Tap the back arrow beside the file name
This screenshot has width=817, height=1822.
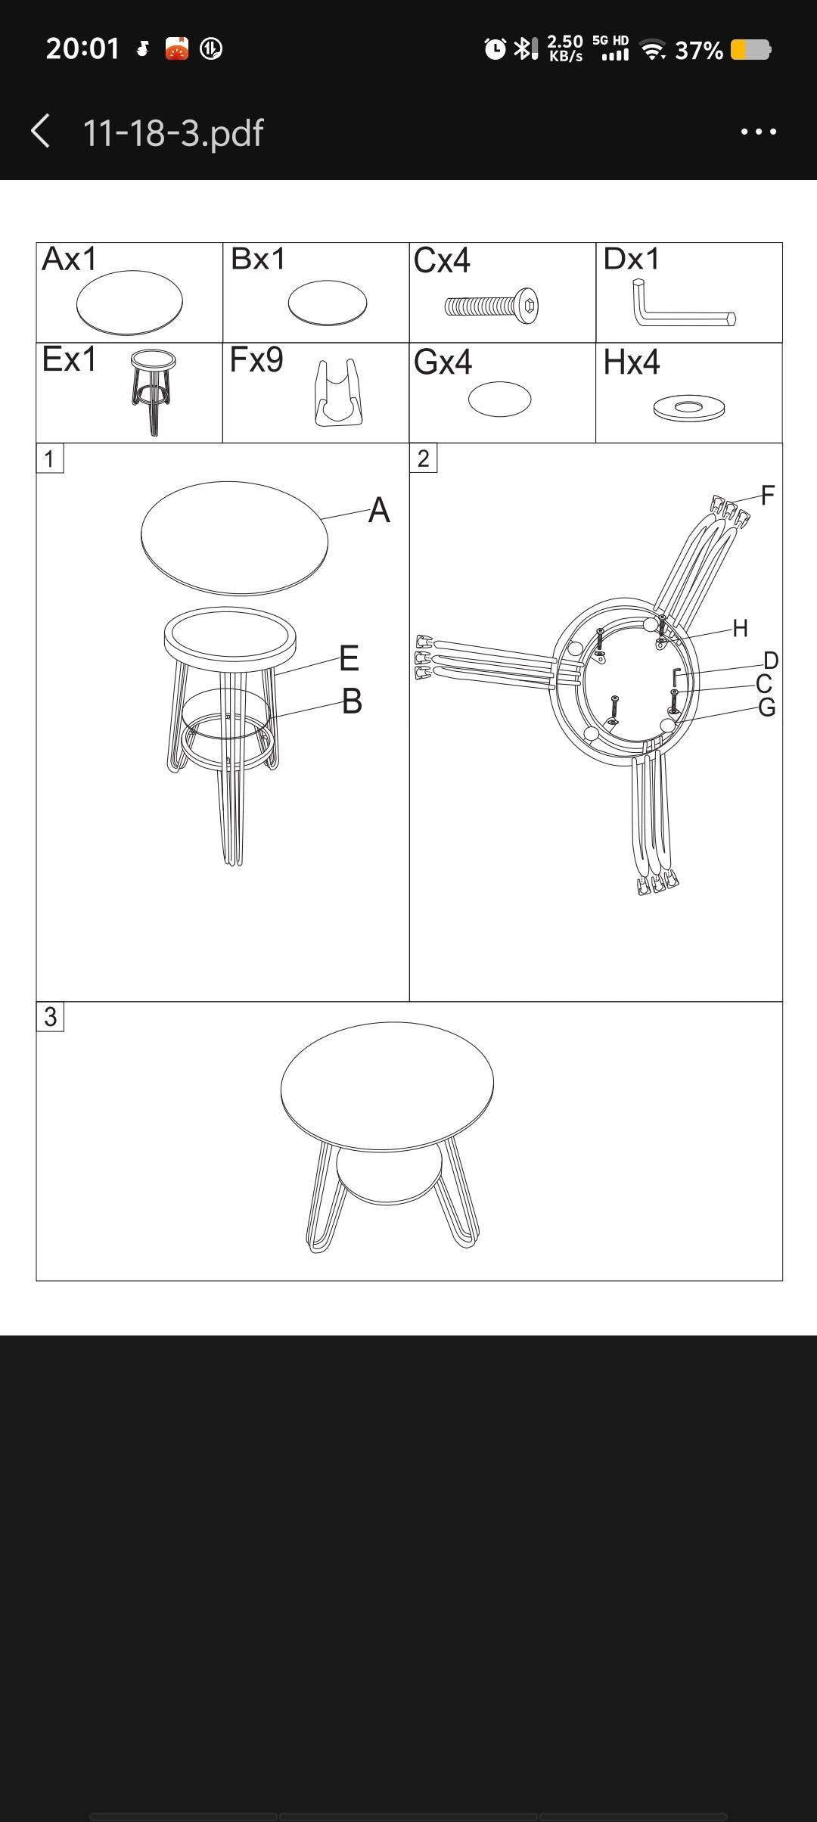pyautogui.click(x=41, y=131)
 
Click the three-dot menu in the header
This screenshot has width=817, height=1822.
pyautogui.click(x=759, y=132)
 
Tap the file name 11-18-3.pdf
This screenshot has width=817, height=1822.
pyautogui.click(x=172, y=132)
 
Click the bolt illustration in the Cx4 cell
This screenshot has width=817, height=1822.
pyautogui.click(x=492, y=306)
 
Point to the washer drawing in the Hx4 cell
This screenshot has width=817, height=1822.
pyautogui.click(x=689, y=408)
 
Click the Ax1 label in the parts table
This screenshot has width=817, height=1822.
pyautogui.click(x=70, y=260)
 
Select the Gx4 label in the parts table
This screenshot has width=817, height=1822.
pyautogui.click(x=443, y=362)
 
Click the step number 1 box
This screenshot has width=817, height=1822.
pyautogui.click(x=50, y=459)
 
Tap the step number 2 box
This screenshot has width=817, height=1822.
pyautogui.click(x=423, y=459)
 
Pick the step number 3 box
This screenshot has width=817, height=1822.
pyautogui.click(x=50, y=1016)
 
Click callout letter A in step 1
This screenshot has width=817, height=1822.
pyautogui.click(x=379, y=510)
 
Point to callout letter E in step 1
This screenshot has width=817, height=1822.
pyautogui.click(x=349, y=658)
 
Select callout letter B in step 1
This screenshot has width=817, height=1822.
pyautogui.click(x=352, y=701)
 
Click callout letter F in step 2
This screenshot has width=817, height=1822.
pyautogui.click(x=768, y=496)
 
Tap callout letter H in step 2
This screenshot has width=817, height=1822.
pyautogui.click(x=740, y=628)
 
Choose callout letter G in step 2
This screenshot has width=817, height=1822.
pyautogui.click(x=766, y=707)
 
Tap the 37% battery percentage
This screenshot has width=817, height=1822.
pyautogui.click(x=699, y=50)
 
